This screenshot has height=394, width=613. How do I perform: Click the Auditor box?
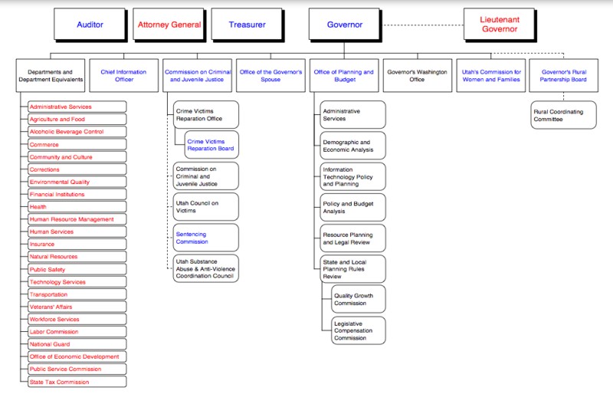pos(90,25)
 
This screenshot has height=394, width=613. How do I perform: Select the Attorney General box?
pos(169,25)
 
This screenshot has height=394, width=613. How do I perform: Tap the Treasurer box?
pos(247,25)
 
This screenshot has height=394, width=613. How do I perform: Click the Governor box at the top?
pos(345,25)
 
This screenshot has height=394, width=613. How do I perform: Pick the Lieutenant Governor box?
pos(499,25)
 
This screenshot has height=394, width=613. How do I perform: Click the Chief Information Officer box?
pos(117,76)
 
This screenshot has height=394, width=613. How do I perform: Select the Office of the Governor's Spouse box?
pos(270,76)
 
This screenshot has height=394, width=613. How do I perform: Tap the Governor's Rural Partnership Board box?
pos(563,76)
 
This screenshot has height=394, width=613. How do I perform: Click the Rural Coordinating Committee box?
pos(562,116)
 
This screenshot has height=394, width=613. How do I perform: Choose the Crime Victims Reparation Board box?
pos(211,146)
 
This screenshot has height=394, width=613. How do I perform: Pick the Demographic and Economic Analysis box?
pos(352,146)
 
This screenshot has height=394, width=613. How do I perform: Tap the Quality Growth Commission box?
pos(358,299)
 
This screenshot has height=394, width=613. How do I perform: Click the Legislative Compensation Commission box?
pos(358,330)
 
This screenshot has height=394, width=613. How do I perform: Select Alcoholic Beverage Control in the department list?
pos(76,132)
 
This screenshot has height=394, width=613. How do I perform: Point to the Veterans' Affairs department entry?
pos(76,307)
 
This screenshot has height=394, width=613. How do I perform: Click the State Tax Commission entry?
pos(76,382)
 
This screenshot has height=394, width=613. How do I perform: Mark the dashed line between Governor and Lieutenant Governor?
pos(423,25)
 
